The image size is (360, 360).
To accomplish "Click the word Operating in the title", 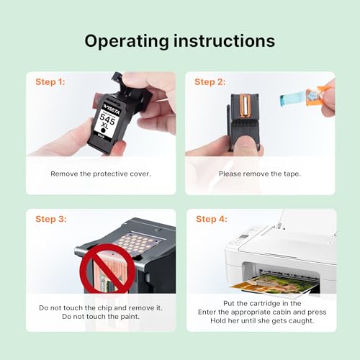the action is (127, 42).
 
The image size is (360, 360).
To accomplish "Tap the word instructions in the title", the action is (224, 40).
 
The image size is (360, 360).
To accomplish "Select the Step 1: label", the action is (50, 82).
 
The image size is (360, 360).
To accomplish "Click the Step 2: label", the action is (210, 82).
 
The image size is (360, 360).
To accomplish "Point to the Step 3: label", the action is (51, 219).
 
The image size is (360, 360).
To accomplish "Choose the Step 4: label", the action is (212, 219).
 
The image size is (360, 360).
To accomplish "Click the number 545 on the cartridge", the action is (107, 119).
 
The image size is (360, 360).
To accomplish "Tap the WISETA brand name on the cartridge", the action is (111, 109).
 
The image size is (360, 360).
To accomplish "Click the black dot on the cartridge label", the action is (103, 130).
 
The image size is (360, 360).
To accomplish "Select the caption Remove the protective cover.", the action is (101, 174).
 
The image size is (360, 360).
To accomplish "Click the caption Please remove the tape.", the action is (260, 174).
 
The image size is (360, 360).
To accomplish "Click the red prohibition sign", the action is (107, 268).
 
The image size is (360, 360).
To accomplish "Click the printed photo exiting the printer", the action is (275, 284).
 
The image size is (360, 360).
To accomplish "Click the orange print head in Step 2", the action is (245, 106).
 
